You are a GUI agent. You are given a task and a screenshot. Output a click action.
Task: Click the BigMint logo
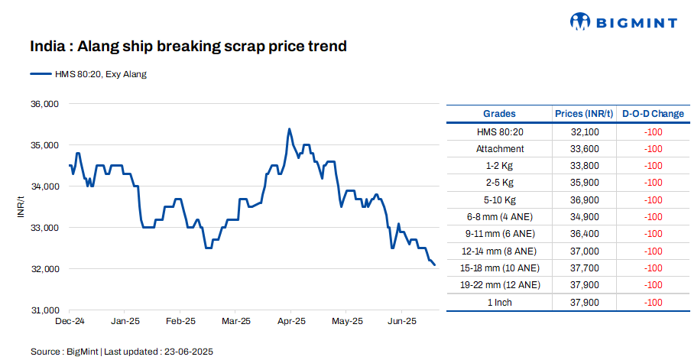(624, 22)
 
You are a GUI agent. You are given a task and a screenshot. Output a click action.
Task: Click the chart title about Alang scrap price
(188, 47)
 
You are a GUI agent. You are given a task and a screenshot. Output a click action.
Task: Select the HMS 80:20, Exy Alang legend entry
(88, 74)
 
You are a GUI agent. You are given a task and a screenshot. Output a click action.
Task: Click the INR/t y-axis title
(21, 207)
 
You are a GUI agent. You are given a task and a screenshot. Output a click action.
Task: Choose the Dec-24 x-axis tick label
(70, 321)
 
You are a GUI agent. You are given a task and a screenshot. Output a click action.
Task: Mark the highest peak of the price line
(289, 128)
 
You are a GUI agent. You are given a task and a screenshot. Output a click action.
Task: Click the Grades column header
(500, 114)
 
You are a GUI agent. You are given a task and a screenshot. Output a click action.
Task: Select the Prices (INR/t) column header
(584, 114)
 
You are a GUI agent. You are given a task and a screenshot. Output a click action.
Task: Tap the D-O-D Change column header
(653, 114)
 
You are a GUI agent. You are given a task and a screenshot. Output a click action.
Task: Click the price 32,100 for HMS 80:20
(584, 131)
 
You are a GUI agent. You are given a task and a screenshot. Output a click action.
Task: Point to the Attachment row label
(500, 148)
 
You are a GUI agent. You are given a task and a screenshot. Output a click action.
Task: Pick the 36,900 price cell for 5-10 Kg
(584, 199)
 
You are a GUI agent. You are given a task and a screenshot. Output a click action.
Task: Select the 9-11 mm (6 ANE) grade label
(500, 233)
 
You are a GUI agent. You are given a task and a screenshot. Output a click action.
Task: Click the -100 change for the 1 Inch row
(653, 302)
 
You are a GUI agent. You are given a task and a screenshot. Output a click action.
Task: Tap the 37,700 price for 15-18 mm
(584, 268)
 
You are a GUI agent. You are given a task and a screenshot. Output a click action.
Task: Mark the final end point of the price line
(435, 265)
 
